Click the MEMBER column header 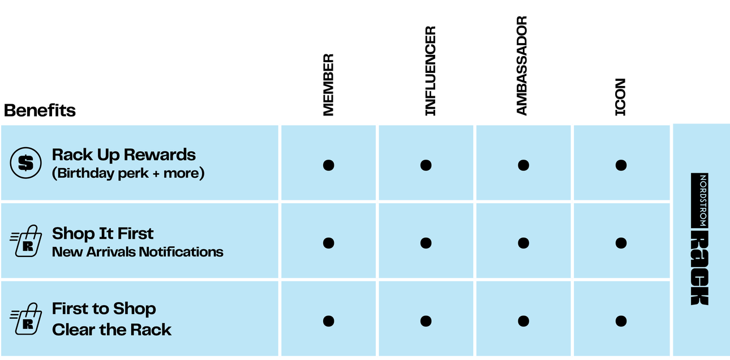[x=328, y=85]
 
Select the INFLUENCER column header [x=431, y=71]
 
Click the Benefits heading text [x=40, y=110]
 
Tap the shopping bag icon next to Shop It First [x=25, y=242]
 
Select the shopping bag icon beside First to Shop [x=25, y=319]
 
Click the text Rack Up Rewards [x=123, y=155]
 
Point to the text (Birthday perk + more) [x=128, y=173]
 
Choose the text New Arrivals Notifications [x=138, y=251]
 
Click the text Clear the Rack [x=111, y=329]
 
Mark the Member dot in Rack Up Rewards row [x=328, y=165]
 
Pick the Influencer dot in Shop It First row [x=426, y=243]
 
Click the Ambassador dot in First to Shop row [x=523, y=321]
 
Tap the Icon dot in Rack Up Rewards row [x=621, y=165]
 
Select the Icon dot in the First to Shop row [x=621, y=321]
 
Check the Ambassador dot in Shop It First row [x=523, y=243]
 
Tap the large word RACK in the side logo [x=699, y=268]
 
